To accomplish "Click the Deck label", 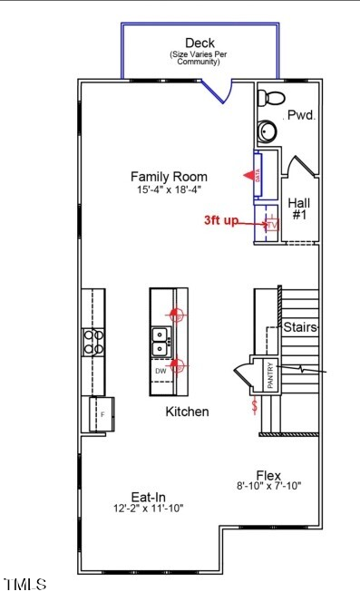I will (199, 43).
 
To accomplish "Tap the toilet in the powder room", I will (275, 97).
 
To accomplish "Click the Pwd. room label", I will (300, 115).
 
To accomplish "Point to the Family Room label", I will (169, 177).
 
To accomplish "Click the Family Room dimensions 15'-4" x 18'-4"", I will (169, 190).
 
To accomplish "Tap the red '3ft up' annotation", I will (221, 220).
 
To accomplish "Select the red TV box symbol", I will (270, 225).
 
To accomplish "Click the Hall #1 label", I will (299, 209).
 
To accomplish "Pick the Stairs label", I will (300, 326).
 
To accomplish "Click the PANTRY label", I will (270, 373).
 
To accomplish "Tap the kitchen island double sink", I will (160, 341).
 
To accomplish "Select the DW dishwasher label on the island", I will (161, 371).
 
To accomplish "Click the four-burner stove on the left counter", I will (92, 341).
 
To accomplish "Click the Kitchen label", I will (187, 412).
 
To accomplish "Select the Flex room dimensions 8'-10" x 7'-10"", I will (268, 486).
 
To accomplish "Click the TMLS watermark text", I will (25, 585).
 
